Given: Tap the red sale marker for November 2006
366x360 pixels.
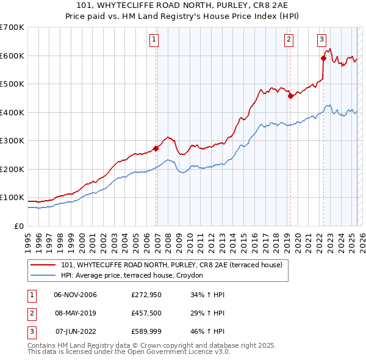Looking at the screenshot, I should point(156,148).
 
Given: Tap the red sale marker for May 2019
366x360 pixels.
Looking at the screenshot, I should point(290,96).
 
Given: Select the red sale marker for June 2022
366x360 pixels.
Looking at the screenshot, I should point(324,59).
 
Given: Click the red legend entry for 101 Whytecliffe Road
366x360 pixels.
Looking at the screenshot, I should point(171,265).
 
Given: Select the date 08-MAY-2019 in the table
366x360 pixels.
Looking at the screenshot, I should point(75,313).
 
